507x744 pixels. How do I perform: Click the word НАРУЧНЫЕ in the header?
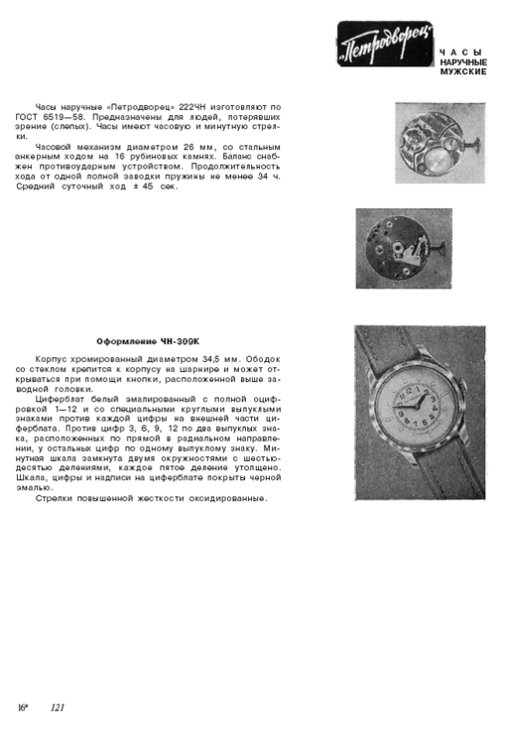463,62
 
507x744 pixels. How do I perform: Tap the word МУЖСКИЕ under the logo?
462,73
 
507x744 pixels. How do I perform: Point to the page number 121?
58,707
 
